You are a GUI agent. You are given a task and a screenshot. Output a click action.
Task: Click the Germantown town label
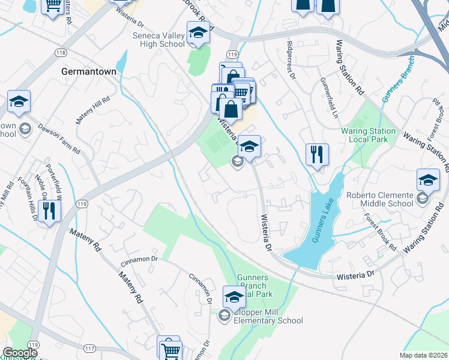click(89, 71)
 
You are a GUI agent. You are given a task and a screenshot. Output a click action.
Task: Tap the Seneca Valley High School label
click(158, 39)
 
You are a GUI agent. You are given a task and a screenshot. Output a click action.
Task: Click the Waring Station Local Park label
click(368, 135)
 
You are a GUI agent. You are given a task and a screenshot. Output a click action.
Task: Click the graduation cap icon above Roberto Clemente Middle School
click(428, 179)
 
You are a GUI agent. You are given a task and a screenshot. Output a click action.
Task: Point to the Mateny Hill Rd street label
click(93, 110)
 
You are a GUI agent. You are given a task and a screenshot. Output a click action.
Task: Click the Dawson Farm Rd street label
click(59, 139)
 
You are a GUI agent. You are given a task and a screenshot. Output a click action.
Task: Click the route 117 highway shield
click(90, 349)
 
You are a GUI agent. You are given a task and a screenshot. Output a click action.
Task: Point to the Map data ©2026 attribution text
click(423, 355)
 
